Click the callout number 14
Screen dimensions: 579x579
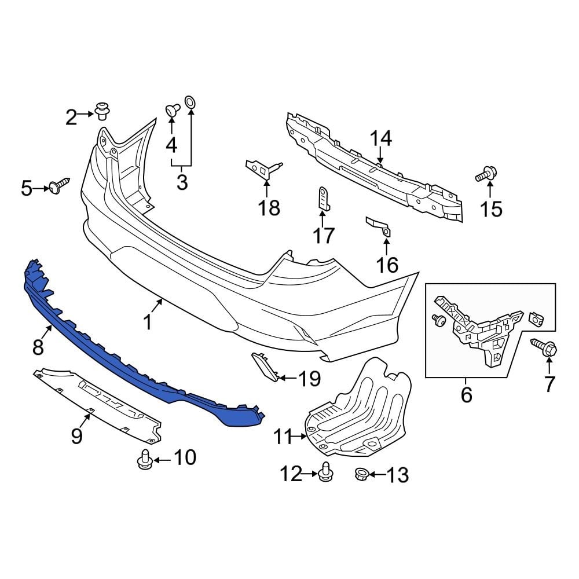pos(381,139)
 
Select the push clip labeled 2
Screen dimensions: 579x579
pos(103,110)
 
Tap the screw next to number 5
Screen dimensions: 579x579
pos(59,186)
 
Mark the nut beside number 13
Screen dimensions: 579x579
pos(361,475)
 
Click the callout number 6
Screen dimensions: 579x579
pos(466,395)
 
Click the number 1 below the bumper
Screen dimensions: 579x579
pos(148,321)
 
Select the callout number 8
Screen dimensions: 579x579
pos(38,347)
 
